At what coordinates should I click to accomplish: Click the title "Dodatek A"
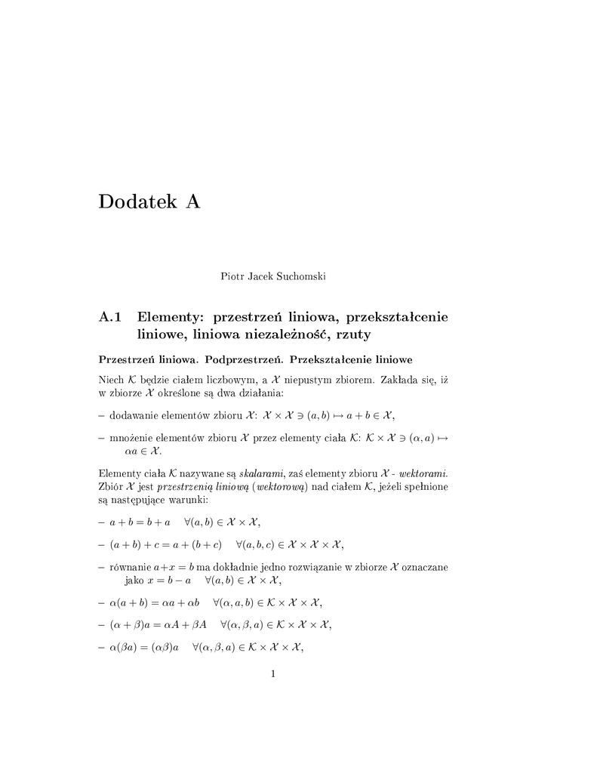[149, 202]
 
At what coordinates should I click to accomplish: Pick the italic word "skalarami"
[261, 473]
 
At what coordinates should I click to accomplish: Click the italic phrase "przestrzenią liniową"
[204, 488]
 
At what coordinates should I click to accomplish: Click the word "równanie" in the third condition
[131, 566]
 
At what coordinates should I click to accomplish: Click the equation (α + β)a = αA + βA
[158, 624]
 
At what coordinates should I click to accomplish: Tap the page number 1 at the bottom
[273, 673]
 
